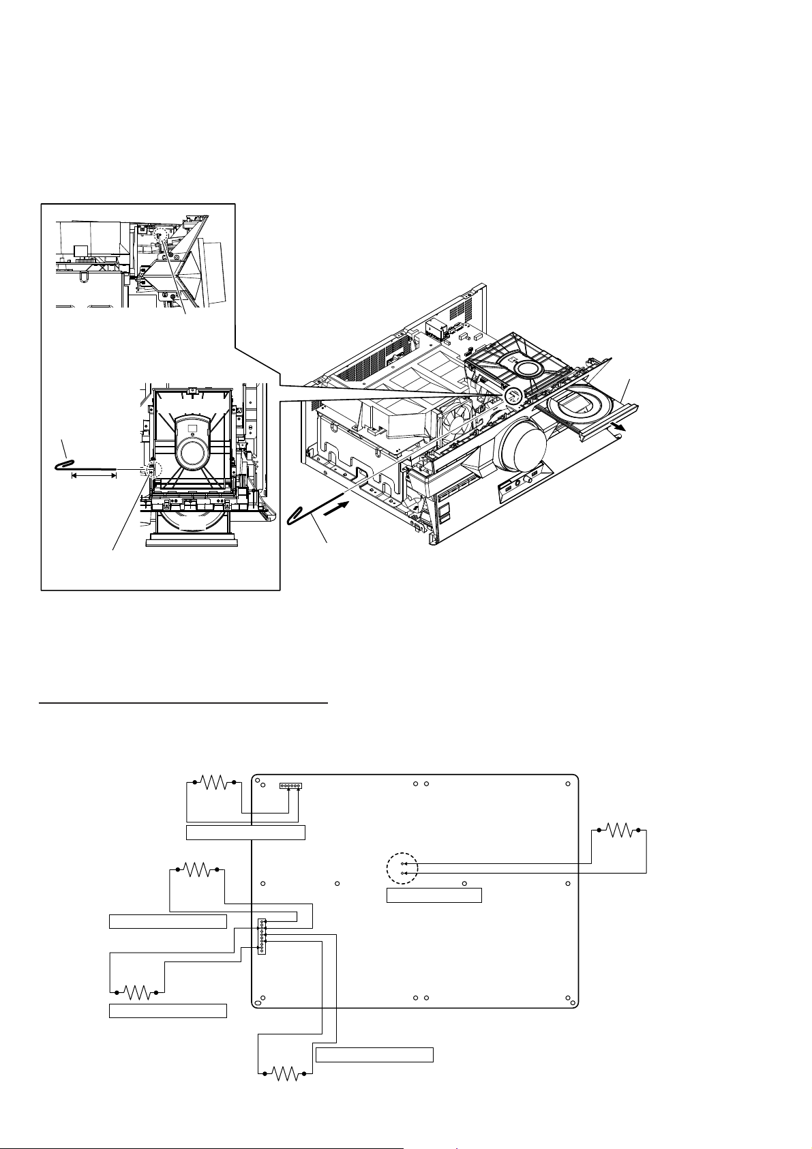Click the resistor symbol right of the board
[x=619, y=830]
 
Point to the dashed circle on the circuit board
[x=400, y=868]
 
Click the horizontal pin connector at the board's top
[x=290, y=786]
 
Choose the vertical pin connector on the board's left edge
[x=261, y=936]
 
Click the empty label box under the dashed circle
[x=434, y=895]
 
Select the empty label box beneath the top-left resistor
[x=245, y=832]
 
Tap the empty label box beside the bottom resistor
[x=375, y=1055]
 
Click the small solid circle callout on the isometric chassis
[x=513, y=395]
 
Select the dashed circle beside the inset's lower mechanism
[x=151, y=469]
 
